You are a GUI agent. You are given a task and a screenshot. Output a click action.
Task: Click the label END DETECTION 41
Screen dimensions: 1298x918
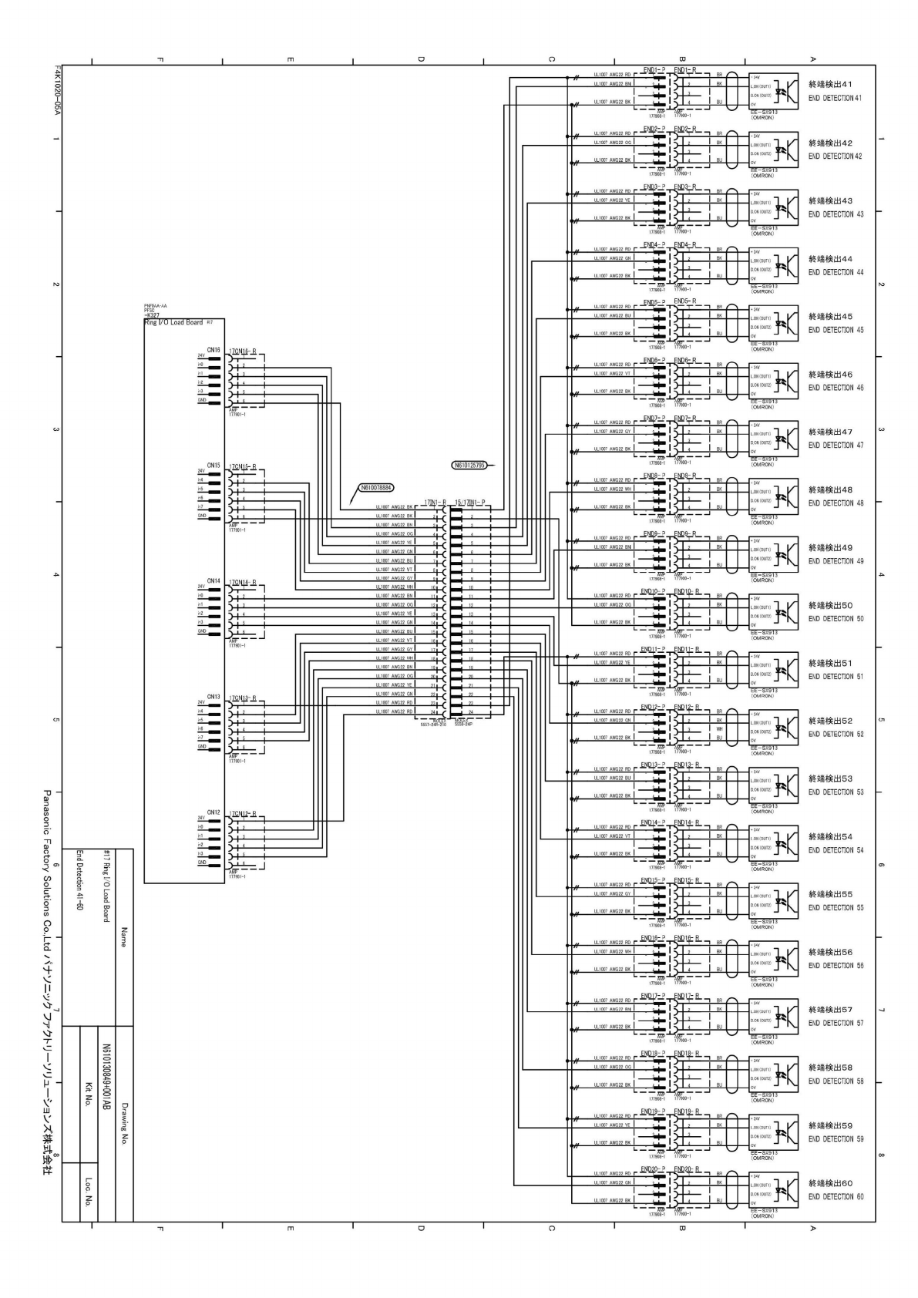pyautogui.click(x=836, y=99)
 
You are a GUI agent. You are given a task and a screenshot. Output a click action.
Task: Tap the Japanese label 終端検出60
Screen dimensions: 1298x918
pyautogui.click(x=830, y=1183)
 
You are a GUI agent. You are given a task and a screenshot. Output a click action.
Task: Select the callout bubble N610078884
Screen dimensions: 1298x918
pyautogui.click(x=376, y=488)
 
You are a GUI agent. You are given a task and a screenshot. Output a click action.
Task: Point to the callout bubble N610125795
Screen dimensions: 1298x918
pyautogui.click(x=468, y=465)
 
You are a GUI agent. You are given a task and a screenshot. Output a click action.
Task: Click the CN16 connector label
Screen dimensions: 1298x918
pyautogui.click(x=214, y=350)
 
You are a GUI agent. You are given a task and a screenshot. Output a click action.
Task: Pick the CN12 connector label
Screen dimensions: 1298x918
pyautogui.click(x=214, y=812)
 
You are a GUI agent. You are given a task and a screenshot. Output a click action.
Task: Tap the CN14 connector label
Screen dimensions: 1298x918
pyautogui.click(x=214, y=581)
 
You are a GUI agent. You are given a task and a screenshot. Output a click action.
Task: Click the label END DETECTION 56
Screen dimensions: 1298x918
pyautogui.click(x=836, y=966)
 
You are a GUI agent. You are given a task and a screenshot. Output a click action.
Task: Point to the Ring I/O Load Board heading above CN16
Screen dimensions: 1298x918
pyautogui.click(x=173, y=323)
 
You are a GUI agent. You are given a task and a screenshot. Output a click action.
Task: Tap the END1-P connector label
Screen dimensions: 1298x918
pyautogui.click(x=654, y=70)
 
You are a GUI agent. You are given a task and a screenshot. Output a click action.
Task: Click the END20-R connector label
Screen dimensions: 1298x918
pyautogui.click(x=686, y=1169)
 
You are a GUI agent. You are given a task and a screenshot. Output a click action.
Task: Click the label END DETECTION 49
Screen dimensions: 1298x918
pyautogui.click(x=836, y=561)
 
